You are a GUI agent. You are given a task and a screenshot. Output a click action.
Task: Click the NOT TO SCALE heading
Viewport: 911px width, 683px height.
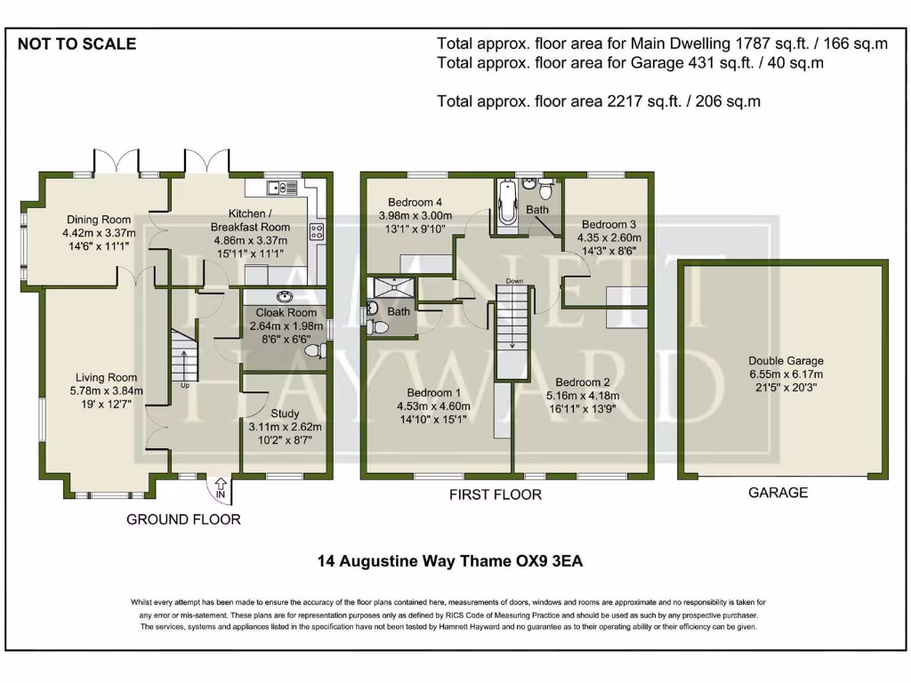pyautogui.click(x=77, y=44)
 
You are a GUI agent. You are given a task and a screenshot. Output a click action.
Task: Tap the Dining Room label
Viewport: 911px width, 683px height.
pyautogui.click(x=97, y=220)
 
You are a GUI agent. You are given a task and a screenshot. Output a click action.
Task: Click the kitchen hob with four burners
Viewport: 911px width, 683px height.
pyautogui.click(x=316, y=231)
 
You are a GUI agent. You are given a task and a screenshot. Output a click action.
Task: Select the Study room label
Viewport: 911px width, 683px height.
pyautogui.click(x=285, y=414)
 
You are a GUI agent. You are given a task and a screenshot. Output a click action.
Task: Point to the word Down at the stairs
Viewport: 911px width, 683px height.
pyautogui.click(x=513, y=281)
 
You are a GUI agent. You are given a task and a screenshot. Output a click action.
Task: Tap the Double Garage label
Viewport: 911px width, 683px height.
pyautogui.click(x=786, y=361)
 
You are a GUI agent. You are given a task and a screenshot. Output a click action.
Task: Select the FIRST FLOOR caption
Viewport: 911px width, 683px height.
pyautogui.click(x=495, y=494)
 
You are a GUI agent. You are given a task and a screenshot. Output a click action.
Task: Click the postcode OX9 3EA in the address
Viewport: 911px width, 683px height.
pyautogui.click(x=554, y=561)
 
